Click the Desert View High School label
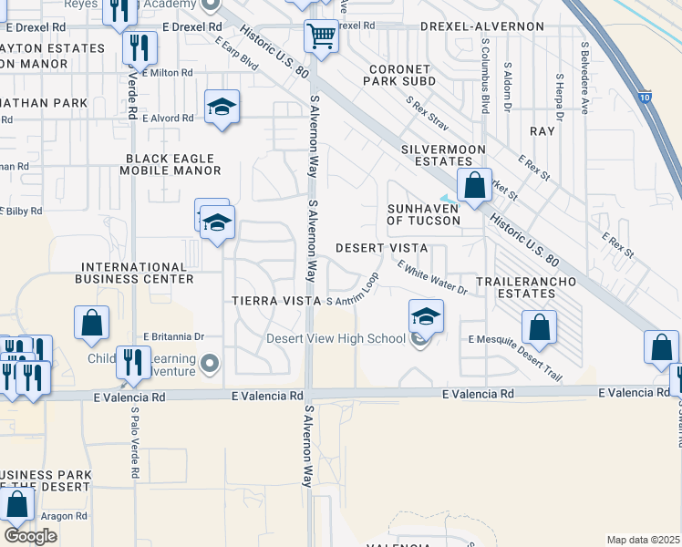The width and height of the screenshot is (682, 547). (336, 339)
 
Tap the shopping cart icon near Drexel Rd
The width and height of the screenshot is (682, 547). (320, 37)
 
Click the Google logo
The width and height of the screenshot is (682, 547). (30, 536)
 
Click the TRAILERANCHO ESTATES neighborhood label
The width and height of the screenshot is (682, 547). (526, 287)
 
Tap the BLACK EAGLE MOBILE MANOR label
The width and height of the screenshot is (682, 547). (173, 164)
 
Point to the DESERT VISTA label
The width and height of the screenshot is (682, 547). (382, 248)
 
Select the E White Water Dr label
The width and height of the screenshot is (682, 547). (432, 276)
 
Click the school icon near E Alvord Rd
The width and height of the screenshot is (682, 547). (222, 108)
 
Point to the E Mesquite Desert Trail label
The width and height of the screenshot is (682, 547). (515, 357)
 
